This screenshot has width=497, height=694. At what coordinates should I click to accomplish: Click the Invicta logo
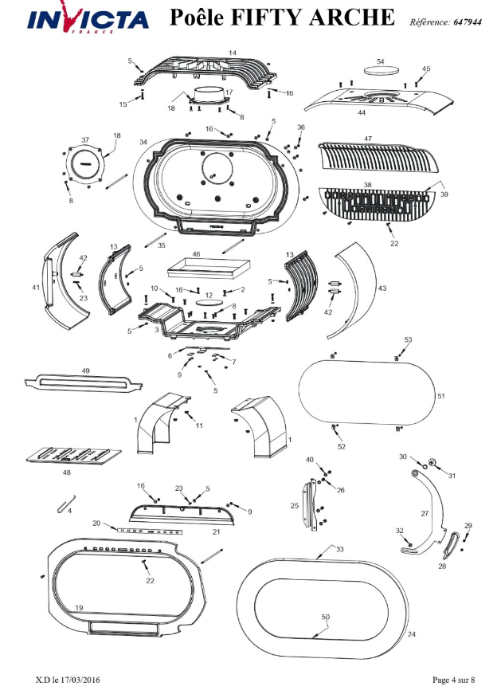(x=88, y=19)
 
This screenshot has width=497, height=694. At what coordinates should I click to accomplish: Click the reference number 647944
(x=468, y=22)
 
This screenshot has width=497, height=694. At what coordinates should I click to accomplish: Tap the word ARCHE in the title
(x=351, y=18)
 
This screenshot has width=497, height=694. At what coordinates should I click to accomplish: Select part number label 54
(x=380, y=61)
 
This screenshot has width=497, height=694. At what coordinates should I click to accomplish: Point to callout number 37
(x=85, y=140)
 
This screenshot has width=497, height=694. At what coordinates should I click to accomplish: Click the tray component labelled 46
(x=209, y=267)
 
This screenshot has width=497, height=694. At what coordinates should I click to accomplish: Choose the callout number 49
(x=86, y=371)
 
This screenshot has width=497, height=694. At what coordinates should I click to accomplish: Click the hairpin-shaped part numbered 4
(x=66, y=504)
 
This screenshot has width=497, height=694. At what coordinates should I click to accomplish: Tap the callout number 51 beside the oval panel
(x=440, y=396)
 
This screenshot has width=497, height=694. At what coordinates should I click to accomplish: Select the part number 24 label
(x=412, y=634)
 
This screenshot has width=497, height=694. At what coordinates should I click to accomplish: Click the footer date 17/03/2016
(x=82, y=680)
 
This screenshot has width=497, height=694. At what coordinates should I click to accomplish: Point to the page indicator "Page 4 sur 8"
(x=454, y=680)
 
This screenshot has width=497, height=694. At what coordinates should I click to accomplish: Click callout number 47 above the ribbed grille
(x=368, y=139)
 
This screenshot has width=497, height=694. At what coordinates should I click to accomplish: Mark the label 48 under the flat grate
(x=66, y=472)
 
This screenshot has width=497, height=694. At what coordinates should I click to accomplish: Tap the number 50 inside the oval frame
(x=326, y=617)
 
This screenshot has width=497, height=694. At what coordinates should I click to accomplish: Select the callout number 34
(x=143, y=142)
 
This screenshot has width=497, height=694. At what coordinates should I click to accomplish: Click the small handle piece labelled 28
(x=451, y=545)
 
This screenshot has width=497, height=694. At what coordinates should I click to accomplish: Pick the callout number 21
(x=216, y=531)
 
